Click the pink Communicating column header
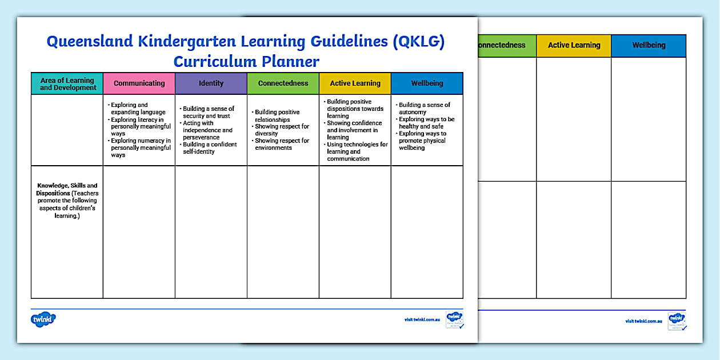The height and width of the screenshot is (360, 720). coord(139,83)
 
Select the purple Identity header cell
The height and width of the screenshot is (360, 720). coord(211,83)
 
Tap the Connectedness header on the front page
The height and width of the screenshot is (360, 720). coord(283,83)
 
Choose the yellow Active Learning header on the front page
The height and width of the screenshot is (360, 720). coord(355,83)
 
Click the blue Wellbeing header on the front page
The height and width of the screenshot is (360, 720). coord(427,83)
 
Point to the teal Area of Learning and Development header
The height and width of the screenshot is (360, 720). coord(67,84)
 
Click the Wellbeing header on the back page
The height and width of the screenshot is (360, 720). coord(649,46)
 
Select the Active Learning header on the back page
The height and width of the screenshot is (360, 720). coord(574,46)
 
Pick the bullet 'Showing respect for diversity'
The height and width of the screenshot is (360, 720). coord(282,130)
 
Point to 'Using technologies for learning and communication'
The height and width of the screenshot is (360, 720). coord(357,151)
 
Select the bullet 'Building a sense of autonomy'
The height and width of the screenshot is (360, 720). coord(424,109)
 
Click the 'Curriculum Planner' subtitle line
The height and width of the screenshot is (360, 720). coord(246,62)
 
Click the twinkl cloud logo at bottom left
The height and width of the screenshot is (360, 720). coord(43,319)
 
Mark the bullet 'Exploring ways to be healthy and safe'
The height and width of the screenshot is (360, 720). coord(426,123)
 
